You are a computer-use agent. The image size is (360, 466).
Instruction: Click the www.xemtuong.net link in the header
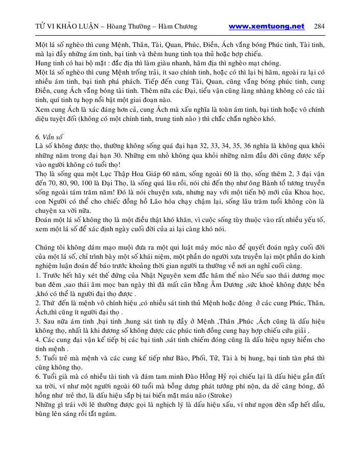[x=267, y=27]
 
